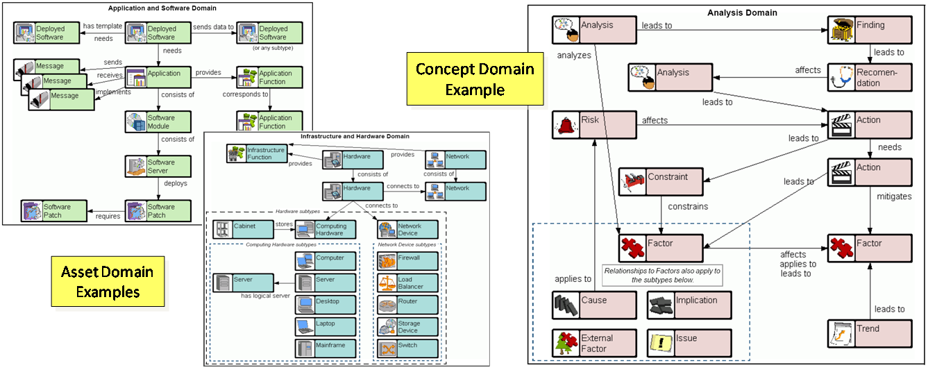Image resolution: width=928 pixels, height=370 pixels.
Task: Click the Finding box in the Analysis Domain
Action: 870,31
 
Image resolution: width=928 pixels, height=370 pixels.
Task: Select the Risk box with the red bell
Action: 594,125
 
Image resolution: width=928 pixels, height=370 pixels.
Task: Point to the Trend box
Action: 870,334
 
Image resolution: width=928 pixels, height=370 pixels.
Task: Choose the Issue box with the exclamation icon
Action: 689,343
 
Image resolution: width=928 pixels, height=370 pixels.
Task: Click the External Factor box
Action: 594,343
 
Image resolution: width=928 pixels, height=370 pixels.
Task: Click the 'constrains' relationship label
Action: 688,206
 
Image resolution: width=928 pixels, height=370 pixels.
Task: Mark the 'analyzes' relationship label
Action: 573,55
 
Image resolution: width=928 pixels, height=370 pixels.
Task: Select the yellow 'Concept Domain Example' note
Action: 475,80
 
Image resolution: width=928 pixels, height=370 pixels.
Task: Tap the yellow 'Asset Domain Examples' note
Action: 108,282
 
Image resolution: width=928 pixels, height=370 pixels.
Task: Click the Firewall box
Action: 407,261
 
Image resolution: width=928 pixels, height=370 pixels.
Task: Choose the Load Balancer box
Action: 407,283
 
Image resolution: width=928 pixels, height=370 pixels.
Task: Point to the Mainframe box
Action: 326,348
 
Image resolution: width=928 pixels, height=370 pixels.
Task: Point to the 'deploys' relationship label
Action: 175,184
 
